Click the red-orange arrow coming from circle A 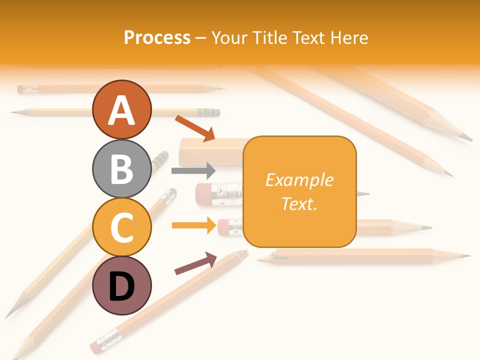coord(195,128)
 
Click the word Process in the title coord(157,37)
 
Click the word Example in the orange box coord(299,180)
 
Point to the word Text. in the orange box coord(299,203)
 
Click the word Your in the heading coord(229,37)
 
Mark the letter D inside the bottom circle coord(121,286)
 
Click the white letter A coord(121,110)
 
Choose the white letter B coord(121,169)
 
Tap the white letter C coord(121,227)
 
